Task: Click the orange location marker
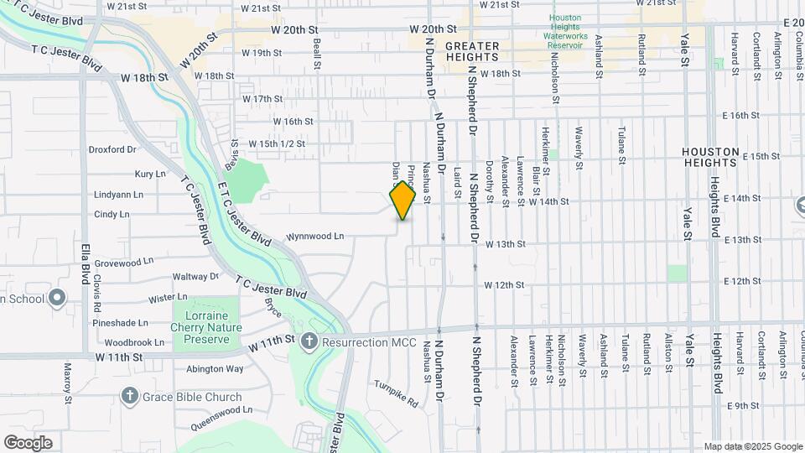click(403, 200)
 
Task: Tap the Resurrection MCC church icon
click(309, 341)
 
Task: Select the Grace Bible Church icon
click(130, 396)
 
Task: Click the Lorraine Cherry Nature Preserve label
click(205, 328)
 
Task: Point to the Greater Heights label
click(472, 51)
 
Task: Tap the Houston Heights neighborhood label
click(710, 158)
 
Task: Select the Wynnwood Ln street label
click(315, 237)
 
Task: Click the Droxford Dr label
click(112, 149)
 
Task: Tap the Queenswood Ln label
click(221, 410)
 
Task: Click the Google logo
click(28, 443)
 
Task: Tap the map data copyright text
click(752, 446)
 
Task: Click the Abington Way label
click(215, 368)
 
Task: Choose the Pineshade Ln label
click(120, 322)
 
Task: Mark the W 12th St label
click(503, 285)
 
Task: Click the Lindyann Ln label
click(119, 194)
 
